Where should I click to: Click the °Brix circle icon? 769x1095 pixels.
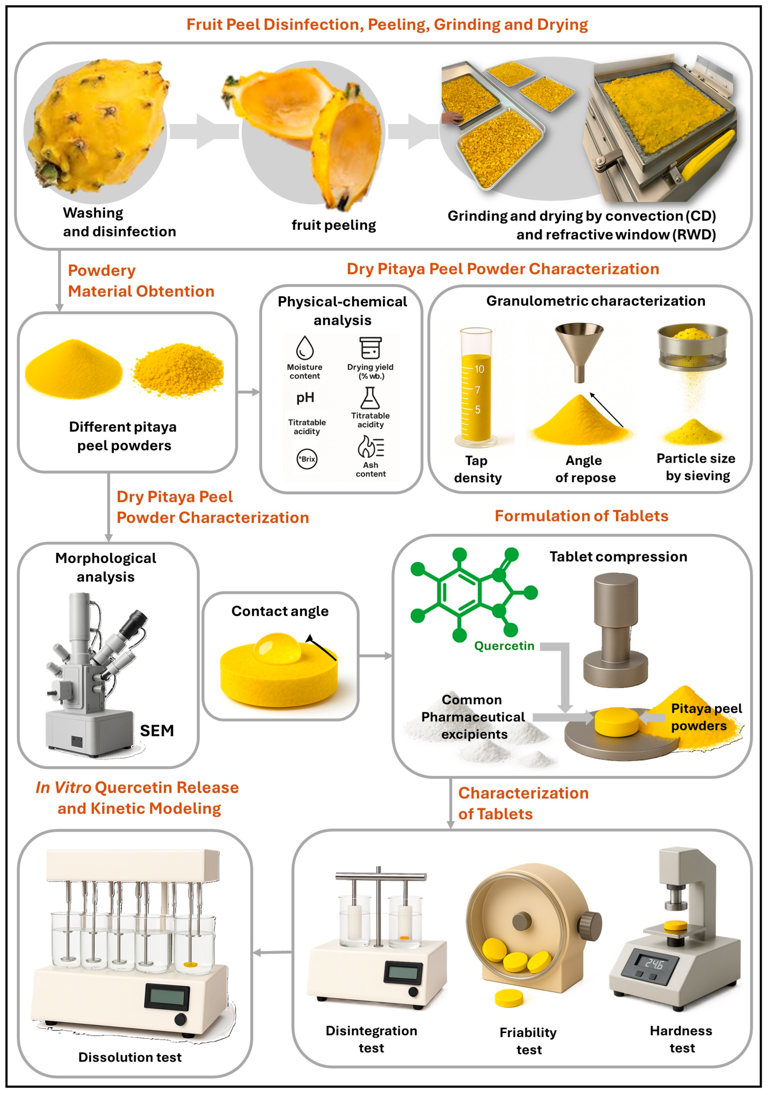(307, 459)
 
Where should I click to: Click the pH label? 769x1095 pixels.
(306, 398)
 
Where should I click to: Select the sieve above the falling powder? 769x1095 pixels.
(692, 347)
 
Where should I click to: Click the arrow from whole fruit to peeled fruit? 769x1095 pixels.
(204, 131)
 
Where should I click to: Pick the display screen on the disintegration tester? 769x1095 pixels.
(403, 973)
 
